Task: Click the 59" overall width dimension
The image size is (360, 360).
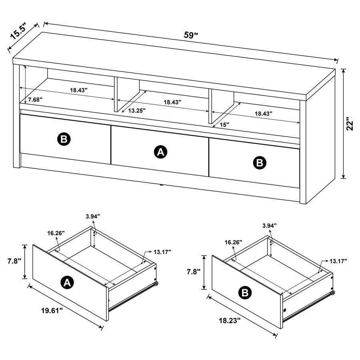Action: click(191, 35)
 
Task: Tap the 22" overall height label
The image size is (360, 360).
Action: click(350, 124)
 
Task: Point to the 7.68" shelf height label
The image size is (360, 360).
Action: click(35, 99)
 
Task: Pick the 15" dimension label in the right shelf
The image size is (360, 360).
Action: click(224, 124)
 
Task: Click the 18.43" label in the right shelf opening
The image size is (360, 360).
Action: click(263, 114)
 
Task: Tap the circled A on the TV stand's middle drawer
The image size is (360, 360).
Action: click(160, 152)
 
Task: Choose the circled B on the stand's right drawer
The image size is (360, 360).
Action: click(260, 162)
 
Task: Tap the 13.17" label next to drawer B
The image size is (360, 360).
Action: click(338, 261)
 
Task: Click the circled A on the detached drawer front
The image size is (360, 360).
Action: click(67, 283)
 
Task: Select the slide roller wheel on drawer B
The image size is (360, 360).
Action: click(332, 294)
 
